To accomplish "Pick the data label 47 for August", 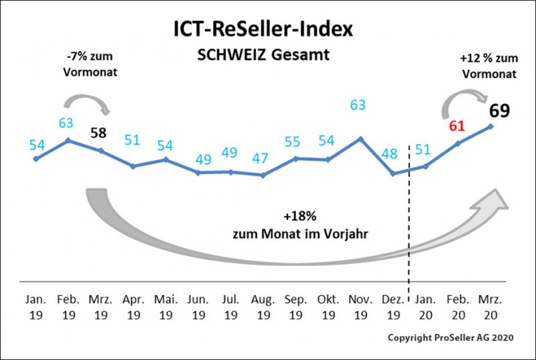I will [x=263, y=158].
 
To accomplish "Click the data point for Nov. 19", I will [x=360, y=139].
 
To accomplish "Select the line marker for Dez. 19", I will [x=393, y=174].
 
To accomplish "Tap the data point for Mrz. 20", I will [x=491, y=126].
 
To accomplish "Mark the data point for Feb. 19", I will [x=68, y=140].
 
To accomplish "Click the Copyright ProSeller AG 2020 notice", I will [x=451, y=338].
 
